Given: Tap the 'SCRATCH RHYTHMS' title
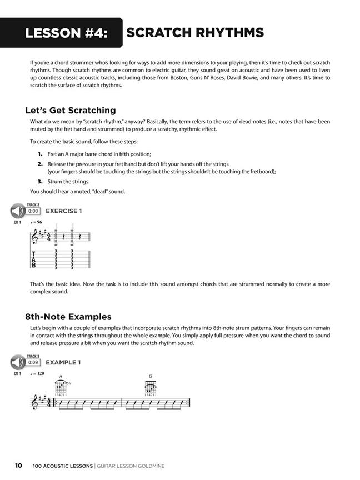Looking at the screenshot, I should [x=194, y=33].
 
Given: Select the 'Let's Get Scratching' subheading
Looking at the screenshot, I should [x=71, y=110].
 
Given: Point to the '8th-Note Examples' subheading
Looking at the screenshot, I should [x=68, y=317].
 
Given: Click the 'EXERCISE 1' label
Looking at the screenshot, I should [x=63, y=211].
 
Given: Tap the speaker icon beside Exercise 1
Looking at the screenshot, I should [x=17, y=211].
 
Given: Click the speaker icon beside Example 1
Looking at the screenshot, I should [x=17, y=362].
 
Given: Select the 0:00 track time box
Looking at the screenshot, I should [x=33, y=211].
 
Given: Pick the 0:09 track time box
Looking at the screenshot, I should [x=33, y=362].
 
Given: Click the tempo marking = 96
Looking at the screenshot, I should [x=37, y=222].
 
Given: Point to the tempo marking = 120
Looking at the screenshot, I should [x=38, y=373].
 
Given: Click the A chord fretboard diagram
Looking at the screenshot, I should [x=61, y=387].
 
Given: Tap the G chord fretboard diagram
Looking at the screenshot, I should [x=150, y=387].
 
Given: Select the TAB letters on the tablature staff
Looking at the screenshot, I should [x=33, y=259].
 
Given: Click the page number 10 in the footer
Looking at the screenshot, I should [x=18, y=466].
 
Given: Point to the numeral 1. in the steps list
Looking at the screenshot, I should [x=40, y=153].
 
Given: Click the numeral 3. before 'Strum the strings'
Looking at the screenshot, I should [x=40, y=181].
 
